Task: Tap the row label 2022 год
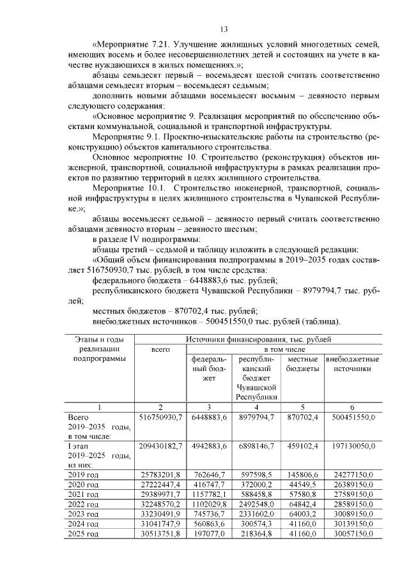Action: (x=83, y=504)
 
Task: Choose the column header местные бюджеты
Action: (x=302, y=364)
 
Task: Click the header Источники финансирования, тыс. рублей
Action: (x=259, y=339)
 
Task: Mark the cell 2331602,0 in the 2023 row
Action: (x=256, y=514)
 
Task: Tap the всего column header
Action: (x=160, y=350)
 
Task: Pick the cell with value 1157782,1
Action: (x=208, y=494)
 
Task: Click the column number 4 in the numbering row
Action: (x=256, y=407)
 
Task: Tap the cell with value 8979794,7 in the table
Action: (x=256, y=417)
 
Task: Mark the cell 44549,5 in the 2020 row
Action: (x=302, y=483)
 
